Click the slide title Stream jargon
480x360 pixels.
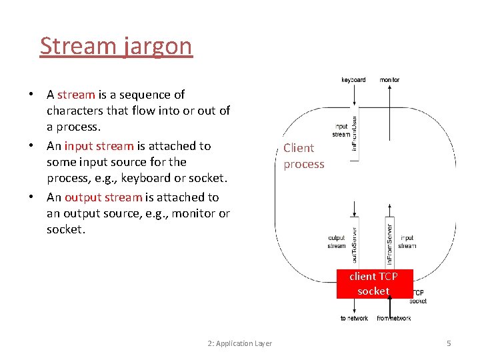pyautogui.click(x=116, y=46)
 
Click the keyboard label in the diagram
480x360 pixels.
pyautogui.click(x=353, y=80)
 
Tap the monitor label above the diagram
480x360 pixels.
pyautogui.click(x=389, y=80)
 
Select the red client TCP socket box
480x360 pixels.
pyautogui.click(x=373, y=283)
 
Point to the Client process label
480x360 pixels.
pyautogui.click(x=303, y=156)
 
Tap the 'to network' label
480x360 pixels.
pyautogui.click(x=354, y=319)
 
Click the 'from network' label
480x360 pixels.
pyautogui.click(x=393, y=319)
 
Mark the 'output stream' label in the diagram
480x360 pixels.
pyautogui.click(x=337, y=241)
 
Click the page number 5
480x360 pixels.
pyautogui.click(x=449, y=343)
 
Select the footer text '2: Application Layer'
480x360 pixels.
pyautogui.click(x=239, y=343)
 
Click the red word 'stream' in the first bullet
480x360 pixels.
pyautogui.click(x=76, y=95)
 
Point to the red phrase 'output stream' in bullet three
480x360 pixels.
pyautogui.click(x=103, y=197)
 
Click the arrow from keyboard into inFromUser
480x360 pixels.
pyautogui.click(x=353, y=97)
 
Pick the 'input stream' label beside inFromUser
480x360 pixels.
pyautogui.click(x=341, y=130)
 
